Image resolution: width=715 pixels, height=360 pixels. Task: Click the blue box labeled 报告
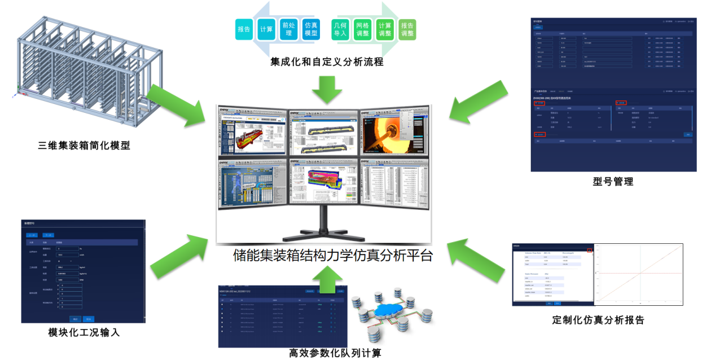(244, 29)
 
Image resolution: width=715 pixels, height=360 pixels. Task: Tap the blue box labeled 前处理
(288, 29)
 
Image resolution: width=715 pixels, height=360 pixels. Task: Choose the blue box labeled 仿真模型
(311, 29)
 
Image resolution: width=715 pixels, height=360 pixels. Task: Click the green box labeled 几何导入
(340, 29)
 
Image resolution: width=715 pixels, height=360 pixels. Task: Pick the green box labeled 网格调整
(363, 29)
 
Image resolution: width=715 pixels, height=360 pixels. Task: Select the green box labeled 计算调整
(385, 29)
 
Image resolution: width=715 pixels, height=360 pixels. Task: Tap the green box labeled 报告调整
(407, 29)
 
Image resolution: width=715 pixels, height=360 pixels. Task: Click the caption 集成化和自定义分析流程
(327, 62)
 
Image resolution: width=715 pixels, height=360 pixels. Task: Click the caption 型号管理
(613, 182)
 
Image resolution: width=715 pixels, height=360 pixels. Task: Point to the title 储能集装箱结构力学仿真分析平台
(333, 256)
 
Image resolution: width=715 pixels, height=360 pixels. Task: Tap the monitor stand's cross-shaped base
(324, 234)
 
